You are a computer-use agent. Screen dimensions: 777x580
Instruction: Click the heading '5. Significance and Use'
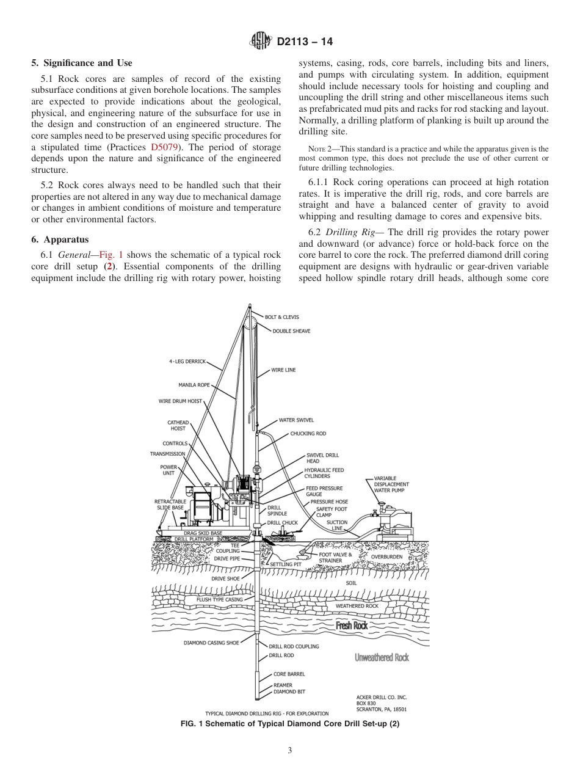(81, 63)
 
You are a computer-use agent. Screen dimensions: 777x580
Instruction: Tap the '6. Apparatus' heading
(60, 239)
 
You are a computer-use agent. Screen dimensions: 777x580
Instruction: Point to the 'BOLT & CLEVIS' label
(281, 317)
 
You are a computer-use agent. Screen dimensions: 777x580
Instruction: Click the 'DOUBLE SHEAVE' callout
(291, 331)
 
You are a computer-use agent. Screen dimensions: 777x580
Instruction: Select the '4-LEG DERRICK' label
(187, 361)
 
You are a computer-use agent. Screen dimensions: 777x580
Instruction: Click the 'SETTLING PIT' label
(286, 564)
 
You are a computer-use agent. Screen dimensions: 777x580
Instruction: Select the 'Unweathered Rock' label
(382, 657)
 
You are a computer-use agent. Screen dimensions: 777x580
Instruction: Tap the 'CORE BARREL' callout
(289, 674)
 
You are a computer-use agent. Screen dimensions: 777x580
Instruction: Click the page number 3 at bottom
(290, 751)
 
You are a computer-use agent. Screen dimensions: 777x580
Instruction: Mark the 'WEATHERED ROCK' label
(357, 606)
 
